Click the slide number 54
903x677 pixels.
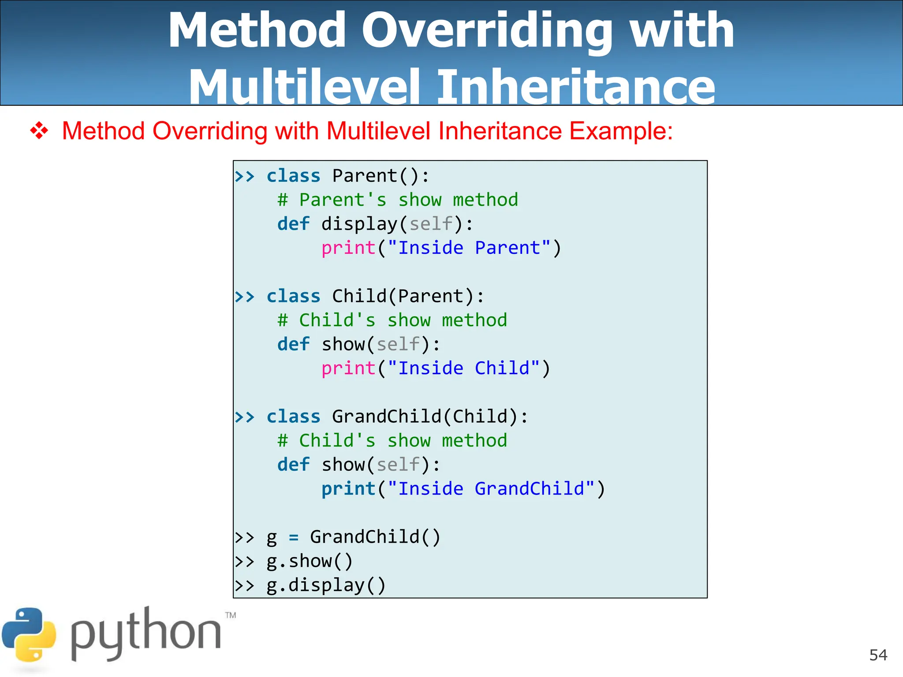pyautogui.click(x=878, y=655)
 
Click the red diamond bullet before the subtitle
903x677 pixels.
pyautogui.click(x=39, y=131)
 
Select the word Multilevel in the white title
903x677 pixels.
pyautogui.click(x=304, y=87)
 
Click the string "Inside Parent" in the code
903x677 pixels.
pyautogui.click(x=469, y=248)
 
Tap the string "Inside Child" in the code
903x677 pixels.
pyautogui.click(x=464, y=368)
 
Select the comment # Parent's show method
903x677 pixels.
pyautogui.click(x=398, y=200)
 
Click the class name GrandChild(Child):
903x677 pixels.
pyautogui.click(x=430, y=417)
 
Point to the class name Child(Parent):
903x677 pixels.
pyautogui.click(x=408, y=296)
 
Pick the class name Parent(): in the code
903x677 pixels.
pyautogui.click(x=381, y=176)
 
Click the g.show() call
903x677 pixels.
pyautogui.click(x=310, y=561)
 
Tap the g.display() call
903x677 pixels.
pyautogui.click(x=326, y=585)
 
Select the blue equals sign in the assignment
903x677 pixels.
pyautogui.click(x=294, y=538)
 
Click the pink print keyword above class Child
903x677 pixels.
pyautogui.click(x=348, y=248)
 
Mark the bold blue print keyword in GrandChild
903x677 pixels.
pyautogui.click(x=348, y=489)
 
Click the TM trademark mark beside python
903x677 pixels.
pyautogui.click(x=231, y=615)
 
